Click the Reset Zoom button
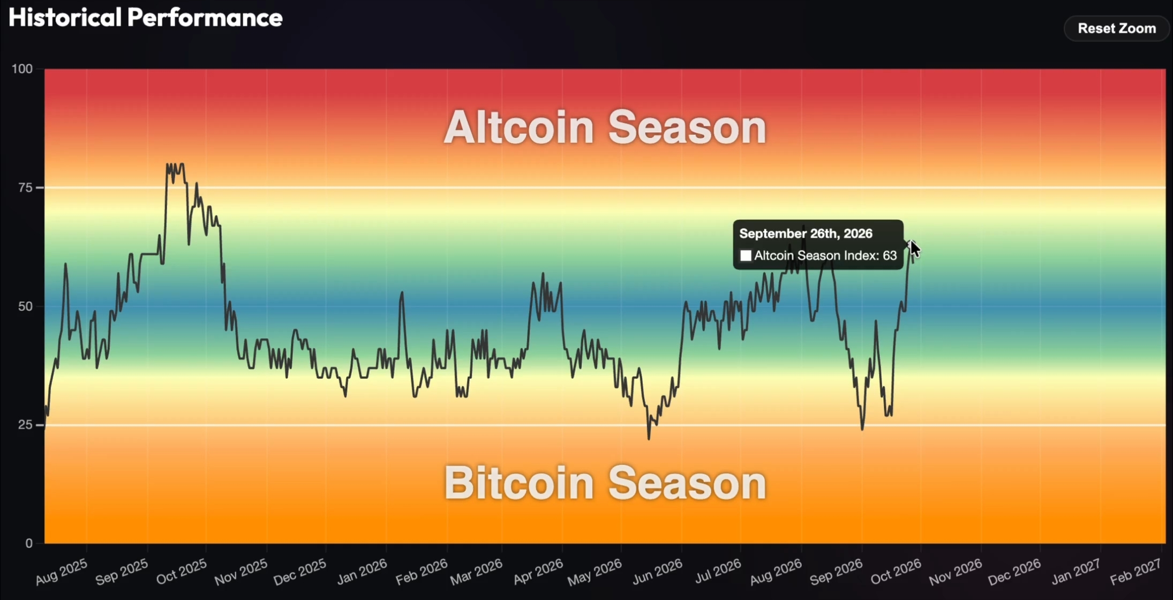click(x=1117, y=28)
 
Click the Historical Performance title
click(x=146, y=18)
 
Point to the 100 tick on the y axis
click(x=22, y=69)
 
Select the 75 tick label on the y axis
click(x=26, y=187)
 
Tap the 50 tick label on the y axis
click(x=26, y=306)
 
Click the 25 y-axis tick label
click(x=26, y=425)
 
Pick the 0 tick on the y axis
click(x=29, y=543)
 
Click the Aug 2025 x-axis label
click(x=62, y=571)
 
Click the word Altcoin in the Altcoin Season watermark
click(x=519, y=127)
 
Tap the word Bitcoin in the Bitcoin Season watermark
click(x=519, y=483)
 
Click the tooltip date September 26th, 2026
click(x=806, y=234)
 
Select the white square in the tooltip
click(x=746, y=256)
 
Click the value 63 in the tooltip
click(x=890, y=256)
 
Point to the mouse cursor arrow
click(x=915, y=249)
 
